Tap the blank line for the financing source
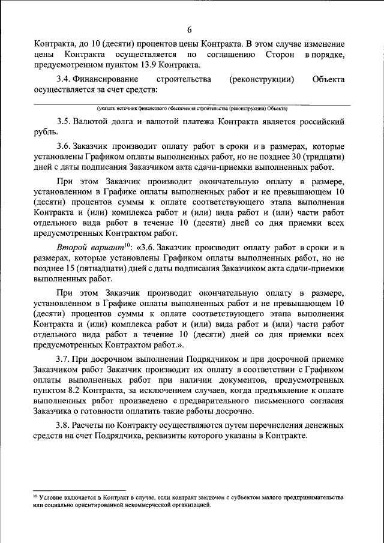point(192,104)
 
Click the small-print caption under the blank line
point(192,109)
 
